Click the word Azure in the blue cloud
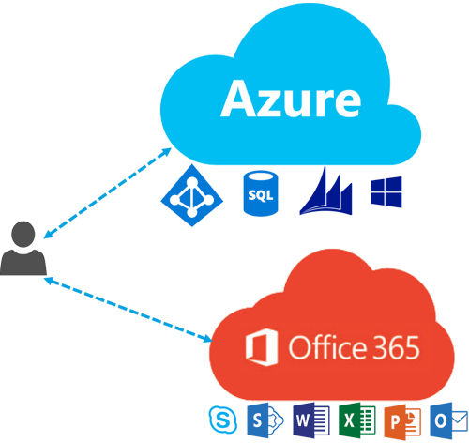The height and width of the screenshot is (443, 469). [291, 99]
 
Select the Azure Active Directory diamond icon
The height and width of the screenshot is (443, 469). [192, 195]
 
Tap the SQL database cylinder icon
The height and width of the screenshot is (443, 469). [261, 193]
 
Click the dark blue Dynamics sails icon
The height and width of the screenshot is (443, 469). [325, 191]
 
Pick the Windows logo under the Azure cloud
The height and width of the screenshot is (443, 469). [386, 192]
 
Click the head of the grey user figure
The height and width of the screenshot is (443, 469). [23, 234]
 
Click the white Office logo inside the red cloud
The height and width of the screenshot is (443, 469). [262, 347]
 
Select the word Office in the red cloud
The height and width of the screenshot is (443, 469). [327, 346]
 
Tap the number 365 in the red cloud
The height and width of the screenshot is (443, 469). [396, 347]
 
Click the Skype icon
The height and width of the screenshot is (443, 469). [223, 420]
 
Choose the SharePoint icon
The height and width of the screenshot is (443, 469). [265, 420]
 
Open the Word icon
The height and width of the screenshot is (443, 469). [311, 420]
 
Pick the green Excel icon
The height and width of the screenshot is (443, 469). [357, 420]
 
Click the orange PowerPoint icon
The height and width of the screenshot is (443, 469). [402, 421]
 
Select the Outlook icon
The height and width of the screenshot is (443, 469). [449, 420]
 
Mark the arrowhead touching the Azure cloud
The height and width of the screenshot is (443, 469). [166, 152]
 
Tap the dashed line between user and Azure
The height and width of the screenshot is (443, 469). [107, 192]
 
